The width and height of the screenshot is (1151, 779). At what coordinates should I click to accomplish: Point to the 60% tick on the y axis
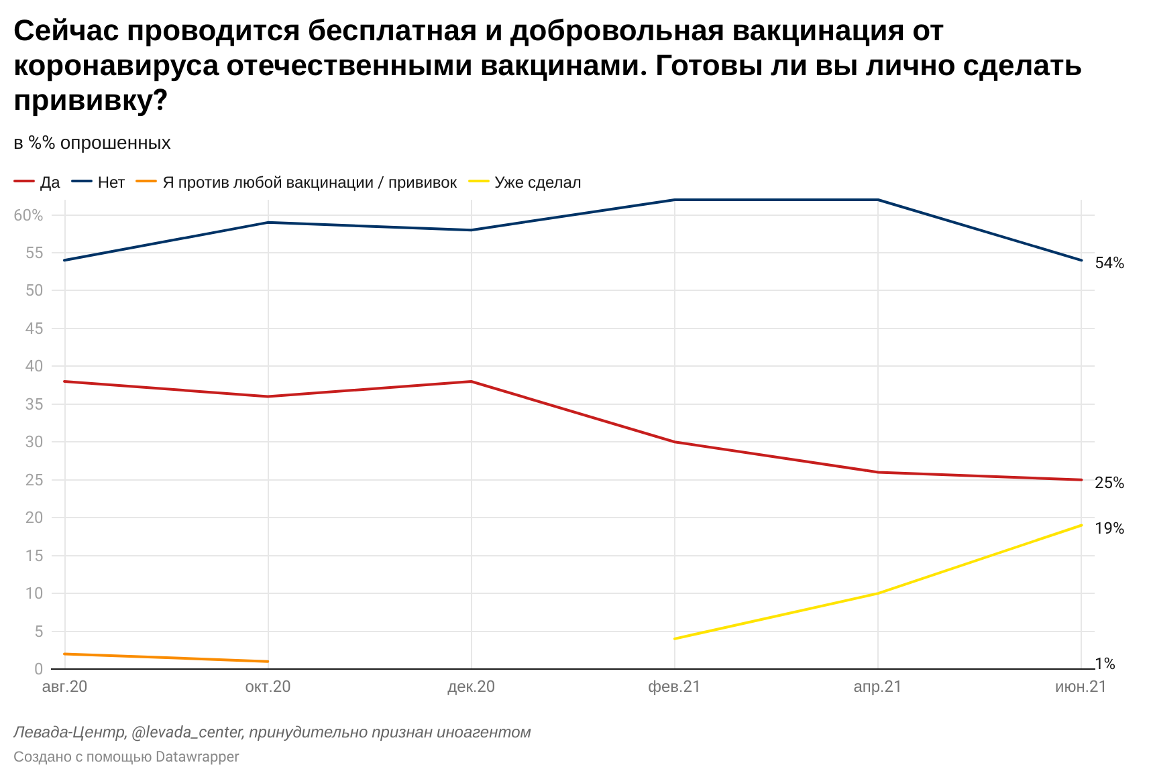point(29,215)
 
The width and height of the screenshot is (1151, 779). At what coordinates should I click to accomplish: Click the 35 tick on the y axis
point(34,404)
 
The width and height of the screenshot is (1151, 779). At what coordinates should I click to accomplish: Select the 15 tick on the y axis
point(34,556)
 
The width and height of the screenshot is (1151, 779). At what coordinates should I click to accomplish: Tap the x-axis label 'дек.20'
point(471,686)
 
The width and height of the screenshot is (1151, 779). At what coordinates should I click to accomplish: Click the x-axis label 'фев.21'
point(674,686)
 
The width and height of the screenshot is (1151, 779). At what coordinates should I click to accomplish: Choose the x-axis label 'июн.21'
point(1080,686)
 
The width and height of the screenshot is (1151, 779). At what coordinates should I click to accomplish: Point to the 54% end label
point(1109,263)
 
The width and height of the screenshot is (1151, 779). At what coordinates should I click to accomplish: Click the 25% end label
point(1109,483)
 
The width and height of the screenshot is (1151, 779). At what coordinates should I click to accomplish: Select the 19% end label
point(1109,528)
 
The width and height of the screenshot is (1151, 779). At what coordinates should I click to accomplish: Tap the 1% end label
point(1105,664)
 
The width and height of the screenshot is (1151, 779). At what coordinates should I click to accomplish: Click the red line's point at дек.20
point(472,381)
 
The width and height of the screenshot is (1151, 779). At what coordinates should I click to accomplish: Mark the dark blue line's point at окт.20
point(268,223)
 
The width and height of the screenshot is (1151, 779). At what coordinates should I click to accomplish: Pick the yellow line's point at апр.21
point(877,593)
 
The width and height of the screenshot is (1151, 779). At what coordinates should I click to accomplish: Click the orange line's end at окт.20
point(268,662)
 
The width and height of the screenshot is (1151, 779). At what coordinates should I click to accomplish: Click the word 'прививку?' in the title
point(91,101)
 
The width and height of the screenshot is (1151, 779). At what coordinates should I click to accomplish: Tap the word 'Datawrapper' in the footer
point(197,757)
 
